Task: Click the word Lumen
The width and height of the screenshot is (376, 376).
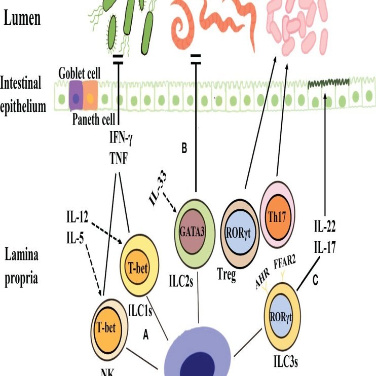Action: (x=29, y=19)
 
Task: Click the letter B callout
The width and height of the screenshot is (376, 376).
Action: (x=185, y=148)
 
